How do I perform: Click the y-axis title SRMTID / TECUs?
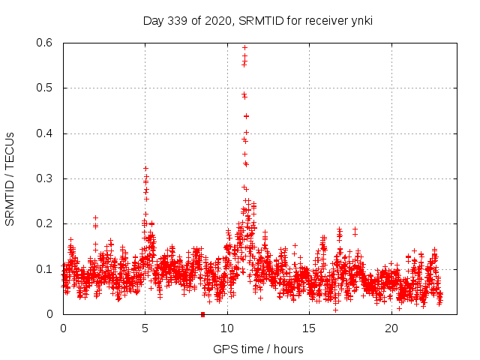point(10,178)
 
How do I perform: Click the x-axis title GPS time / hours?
point(258,349)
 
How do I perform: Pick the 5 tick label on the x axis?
point(145,328)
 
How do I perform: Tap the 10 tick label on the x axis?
point(227,328)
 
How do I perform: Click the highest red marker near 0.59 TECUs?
point(244,47)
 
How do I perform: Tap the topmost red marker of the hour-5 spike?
point(145,168)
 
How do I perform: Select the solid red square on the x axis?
point(202,314)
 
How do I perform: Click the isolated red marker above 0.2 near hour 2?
point(95,217)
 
